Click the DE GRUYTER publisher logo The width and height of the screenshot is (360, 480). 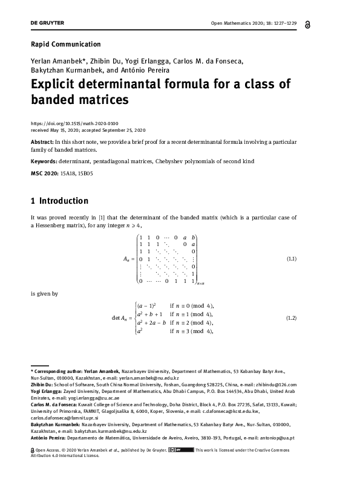[47, 23]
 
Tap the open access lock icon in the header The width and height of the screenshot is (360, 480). [327, 24]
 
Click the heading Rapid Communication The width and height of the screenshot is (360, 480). [65, 44]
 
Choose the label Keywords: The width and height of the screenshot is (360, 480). [47, 161]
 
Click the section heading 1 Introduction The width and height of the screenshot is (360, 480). [59, 201]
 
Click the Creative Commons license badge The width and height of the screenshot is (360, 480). [180, 449]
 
